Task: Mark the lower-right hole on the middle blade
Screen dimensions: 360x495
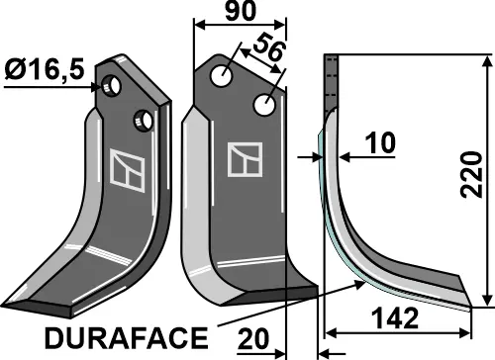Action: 265,104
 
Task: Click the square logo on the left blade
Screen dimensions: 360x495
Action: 126,168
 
